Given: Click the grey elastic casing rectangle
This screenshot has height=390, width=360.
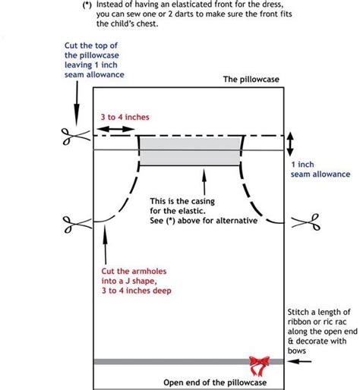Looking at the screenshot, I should point(189,151).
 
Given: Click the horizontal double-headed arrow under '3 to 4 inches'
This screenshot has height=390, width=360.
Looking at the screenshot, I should point(114,131).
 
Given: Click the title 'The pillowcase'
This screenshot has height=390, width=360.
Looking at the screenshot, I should point(251,79).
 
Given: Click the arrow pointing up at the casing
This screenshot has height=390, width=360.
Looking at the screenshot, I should point(203,179).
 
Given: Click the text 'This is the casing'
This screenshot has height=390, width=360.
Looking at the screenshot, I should point(187,202).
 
